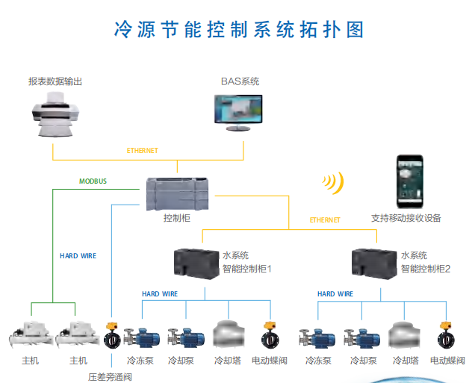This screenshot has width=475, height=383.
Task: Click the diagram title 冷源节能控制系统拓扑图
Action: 237,29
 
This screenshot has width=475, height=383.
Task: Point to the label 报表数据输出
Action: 55,81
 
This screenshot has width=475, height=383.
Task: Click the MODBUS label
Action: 93,181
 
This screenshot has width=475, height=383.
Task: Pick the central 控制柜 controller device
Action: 178,193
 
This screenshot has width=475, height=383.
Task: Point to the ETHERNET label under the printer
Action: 142,151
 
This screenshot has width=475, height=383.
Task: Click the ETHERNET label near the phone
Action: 325,220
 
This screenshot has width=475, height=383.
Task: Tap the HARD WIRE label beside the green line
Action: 78,256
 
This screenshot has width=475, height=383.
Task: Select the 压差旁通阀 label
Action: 109,377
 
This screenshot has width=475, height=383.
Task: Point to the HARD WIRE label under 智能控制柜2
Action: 335,294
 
